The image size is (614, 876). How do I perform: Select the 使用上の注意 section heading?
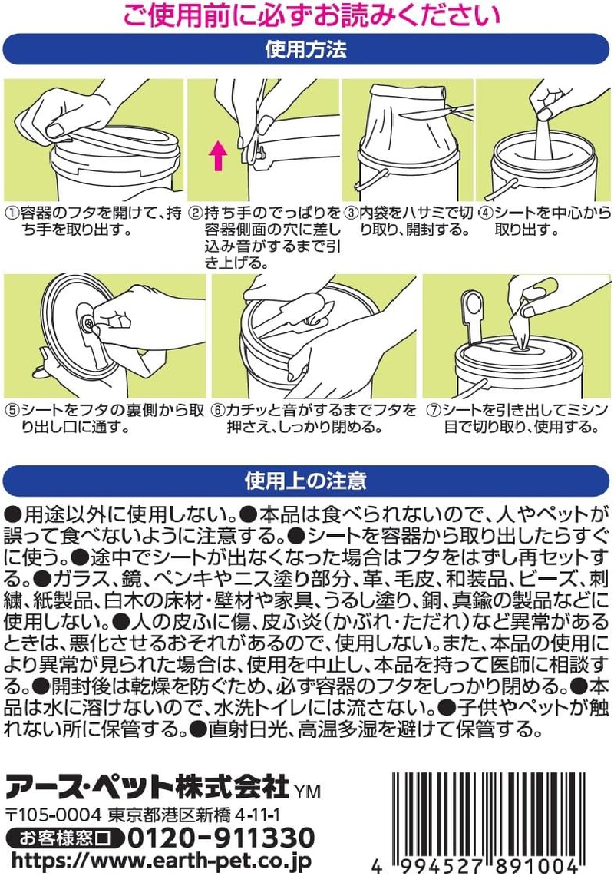[x=307, y=481]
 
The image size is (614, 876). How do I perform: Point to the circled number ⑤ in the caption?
[x=12, y=409]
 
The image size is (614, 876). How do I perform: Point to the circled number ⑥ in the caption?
[x=220, y=409]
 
